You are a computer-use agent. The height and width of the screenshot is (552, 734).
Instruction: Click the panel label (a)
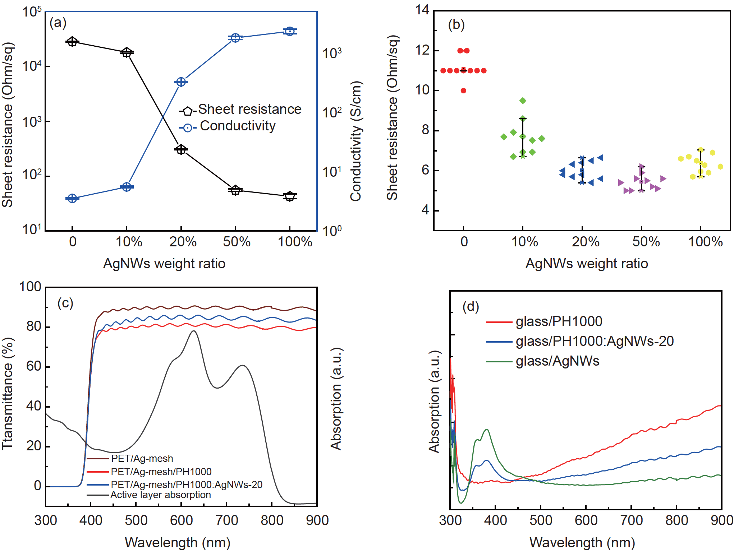(58, 23)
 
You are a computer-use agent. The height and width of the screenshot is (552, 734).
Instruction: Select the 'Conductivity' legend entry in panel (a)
(238, 126)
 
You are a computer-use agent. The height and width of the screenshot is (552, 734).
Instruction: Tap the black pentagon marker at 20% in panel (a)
(181, 149)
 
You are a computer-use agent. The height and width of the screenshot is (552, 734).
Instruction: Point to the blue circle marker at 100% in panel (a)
(290, 32)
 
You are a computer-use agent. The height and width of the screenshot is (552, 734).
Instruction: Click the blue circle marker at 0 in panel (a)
(72, 198)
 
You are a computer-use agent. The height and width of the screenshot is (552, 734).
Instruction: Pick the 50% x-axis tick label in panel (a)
(237, 242)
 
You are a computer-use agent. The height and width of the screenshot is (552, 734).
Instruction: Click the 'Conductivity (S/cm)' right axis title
(356, 141)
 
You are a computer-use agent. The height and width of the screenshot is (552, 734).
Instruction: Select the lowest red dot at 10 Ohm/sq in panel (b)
(463, 91)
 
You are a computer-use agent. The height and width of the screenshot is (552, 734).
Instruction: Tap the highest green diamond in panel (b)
(523, 101)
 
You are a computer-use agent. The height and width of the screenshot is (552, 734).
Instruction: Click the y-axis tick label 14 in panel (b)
(422, 10)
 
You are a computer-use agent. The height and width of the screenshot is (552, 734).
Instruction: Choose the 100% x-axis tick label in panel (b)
(705, 242)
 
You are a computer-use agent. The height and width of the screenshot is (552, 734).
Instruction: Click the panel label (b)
(456, 25)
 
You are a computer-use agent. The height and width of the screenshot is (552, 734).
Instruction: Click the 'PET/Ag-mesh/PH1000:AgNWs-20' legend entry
(187, 484)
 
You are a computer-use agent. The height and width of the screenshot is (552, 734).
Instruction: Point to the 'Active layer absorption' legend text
(160, 495)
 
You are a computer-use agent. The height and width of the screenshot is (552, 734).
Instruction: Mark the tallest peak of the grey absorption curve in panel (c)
(194, 331)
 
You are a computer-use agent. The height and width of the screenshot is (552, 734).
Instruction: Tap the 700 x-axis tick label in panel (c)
(227, 520)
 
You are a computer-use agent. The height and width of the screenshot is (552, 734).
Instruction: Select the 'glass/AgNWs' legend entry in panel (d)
(557, 361)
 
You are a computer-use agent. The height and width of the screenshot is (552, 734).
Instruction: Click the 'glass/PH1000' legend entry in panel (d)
(559, 321)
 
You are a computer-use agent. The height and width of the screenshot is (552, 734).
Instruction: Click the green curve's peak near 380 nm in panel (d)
(487, 429)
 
